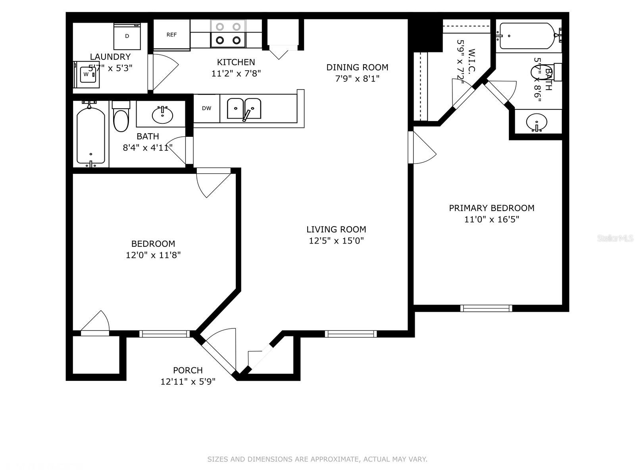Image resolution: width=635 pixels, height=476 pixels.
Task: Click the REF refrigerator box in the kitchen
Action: click(x=171, y=35)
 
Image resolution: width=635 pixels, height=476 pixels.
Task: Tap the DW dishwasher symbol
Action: click(x=206, y=108)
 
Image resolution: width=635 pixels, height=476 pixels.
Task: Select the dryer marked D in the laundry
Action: click(x=127, y=36)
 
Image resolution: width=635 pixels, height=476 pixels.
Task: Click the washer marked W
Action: click(x=87, y=74)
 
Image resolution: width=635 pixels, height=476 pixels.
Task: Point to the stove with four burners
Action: click(x=228, y=33)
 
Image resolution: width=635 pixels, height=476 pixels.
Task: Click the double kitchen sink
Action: click(x=244, y=108)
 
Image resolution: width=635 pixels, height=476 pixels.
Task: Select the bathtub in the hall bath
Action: click(x=91, y=135)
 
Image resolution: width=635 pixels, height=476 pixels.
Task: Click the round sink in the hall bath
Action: click(x=162, y=115)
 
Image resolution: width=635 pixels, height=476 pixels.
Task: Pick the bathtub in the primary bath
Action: click(x=527, y=36)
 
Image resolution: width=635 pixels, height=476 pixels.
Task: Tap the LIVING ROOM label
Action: click(x=336, y=229)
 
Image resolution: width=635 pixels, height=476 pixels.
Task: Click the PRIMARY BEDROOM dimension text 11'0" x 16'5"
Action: click(x=492, y=219)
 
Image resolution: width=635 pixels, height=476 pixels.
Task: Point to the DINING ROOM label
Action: click(x=357, y=67)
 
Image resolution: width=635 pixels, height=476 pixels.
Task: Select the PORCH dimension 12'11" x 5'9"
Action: click(x=188, y=382)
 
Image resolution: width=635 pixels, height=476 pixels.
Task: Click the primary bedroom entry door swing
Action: click(x=423, y=149)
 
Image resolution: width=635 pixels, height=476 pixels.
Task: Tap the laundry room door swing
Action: click(x=163, y=71)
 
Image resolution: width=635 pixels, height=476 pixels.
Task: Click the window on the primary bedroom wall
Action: click(x=486, y=308)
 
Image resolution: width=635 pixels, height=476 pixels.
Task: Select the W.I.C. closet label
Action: click(x=471, y=61)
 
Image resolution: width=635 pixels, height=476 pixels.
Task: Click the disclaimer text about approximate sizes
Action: click(x=317, y=459)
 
